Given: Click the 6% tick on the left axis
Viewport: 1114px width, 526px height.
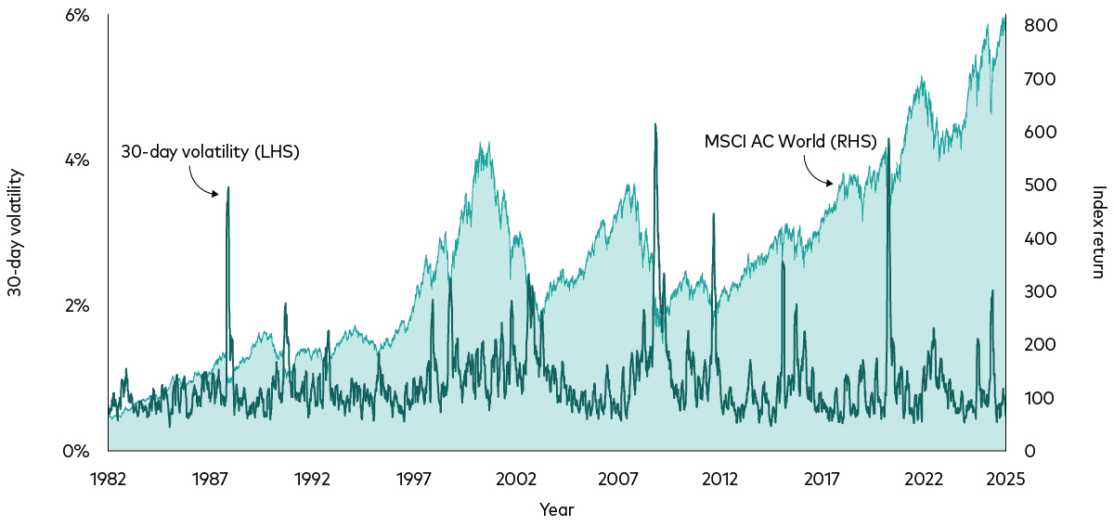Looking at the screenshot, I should (x=77, y=16).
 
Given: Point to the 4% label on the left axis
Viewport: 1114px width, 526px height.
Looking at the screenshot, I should (x=77, y=160).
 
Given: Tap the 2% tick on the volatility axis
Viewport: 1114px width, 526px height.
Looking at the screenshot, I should (x=77, y=306).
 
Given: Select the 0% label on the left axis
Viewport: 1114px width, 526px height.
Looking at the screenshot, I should (x=77, y=452).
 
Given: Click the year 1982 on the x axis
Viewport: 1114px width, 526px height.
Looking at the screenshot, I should (x=108, y=479).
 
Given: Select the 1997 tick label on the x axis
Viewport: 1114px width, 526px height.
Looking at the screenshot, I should (x=414, y=479).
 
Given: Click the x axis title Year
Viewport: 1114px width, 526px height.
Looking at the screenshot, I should (x=556, y=509).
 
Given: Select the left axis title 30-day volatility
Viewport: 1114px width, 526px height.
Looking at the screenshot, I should (x=15, y=233).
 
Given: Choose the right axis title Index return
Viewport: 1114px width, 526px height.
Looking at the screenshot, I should (x=1098, y=233).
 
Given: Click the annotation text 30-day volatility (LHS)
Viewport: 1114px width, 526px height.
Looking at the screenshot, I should (x=211, y=152).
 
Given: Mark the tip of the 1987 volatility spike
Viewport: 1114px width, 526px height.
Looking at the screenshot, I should (x=228, y=187).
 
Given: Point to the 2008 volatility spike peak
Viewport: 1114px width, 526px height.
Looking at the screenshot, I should (x=655, y=124).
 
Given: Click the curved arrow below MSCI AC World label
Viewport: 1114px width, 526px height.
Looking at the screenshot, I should (x=816, y=173).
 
